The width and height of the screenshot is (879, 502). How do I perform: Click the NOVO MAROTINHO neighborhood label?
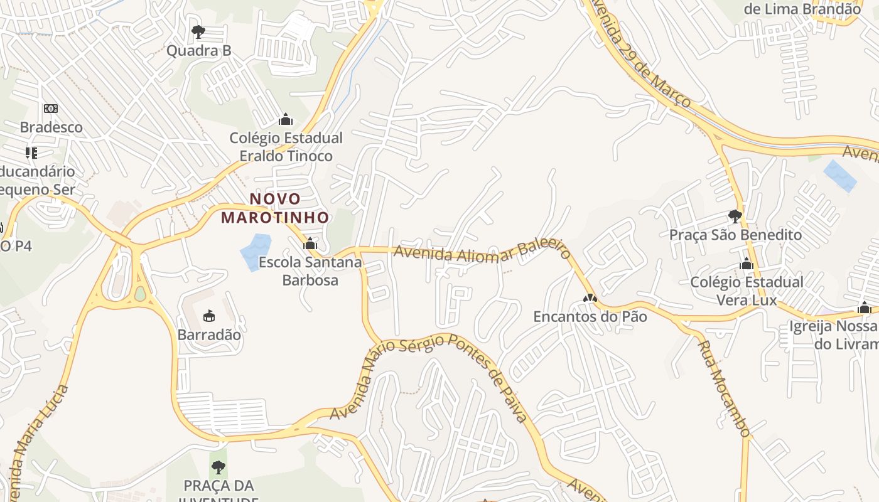(275, 208)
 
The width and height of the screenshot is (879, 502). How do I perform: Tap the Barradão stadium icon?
(209, 316)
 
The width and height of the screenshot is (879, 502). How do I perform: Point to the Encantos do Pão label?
(590, 317)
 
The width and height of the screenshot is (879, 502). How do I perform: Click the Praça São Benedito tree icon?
(735, 216)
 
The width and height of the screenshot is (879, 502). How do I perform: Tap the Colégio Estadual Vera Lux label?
(747, 291)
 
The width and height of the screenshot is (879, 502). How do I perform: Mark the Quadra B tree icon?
(198, 31)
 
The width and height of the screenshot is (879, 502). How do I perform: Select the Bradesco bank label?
(51, 127)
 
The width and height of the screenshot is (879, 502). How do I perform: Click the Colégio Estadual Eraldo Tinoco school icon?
(286, 119)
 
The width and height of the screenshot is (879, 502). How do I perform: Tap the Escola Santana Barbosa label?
(310, 271)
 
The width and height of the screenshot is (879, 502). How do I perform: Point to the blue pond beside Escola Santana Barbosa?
(255, 251)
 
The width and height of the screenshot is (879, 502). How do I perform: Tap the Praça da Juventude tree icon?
(218, 467)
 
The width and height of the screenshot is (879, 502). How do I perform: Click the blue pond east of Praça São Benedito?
(839, 176)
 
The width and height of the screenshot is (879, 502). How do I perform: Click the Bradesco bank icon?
(51, 109)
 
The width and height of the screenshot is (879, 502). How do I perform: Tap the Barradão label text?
(209, 334)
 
